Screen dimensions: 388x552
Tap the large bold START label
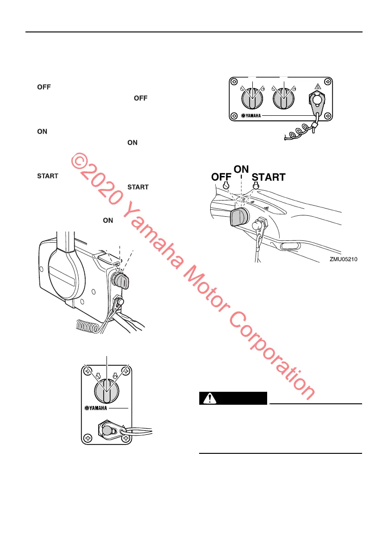coord(269,177)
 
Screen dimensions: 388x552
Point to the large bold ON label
coord(241,169)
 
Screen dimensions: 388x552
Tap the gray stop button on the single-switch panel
coord(107,430)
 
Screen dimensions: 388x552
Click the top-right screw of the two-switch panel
coord(328,82)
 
